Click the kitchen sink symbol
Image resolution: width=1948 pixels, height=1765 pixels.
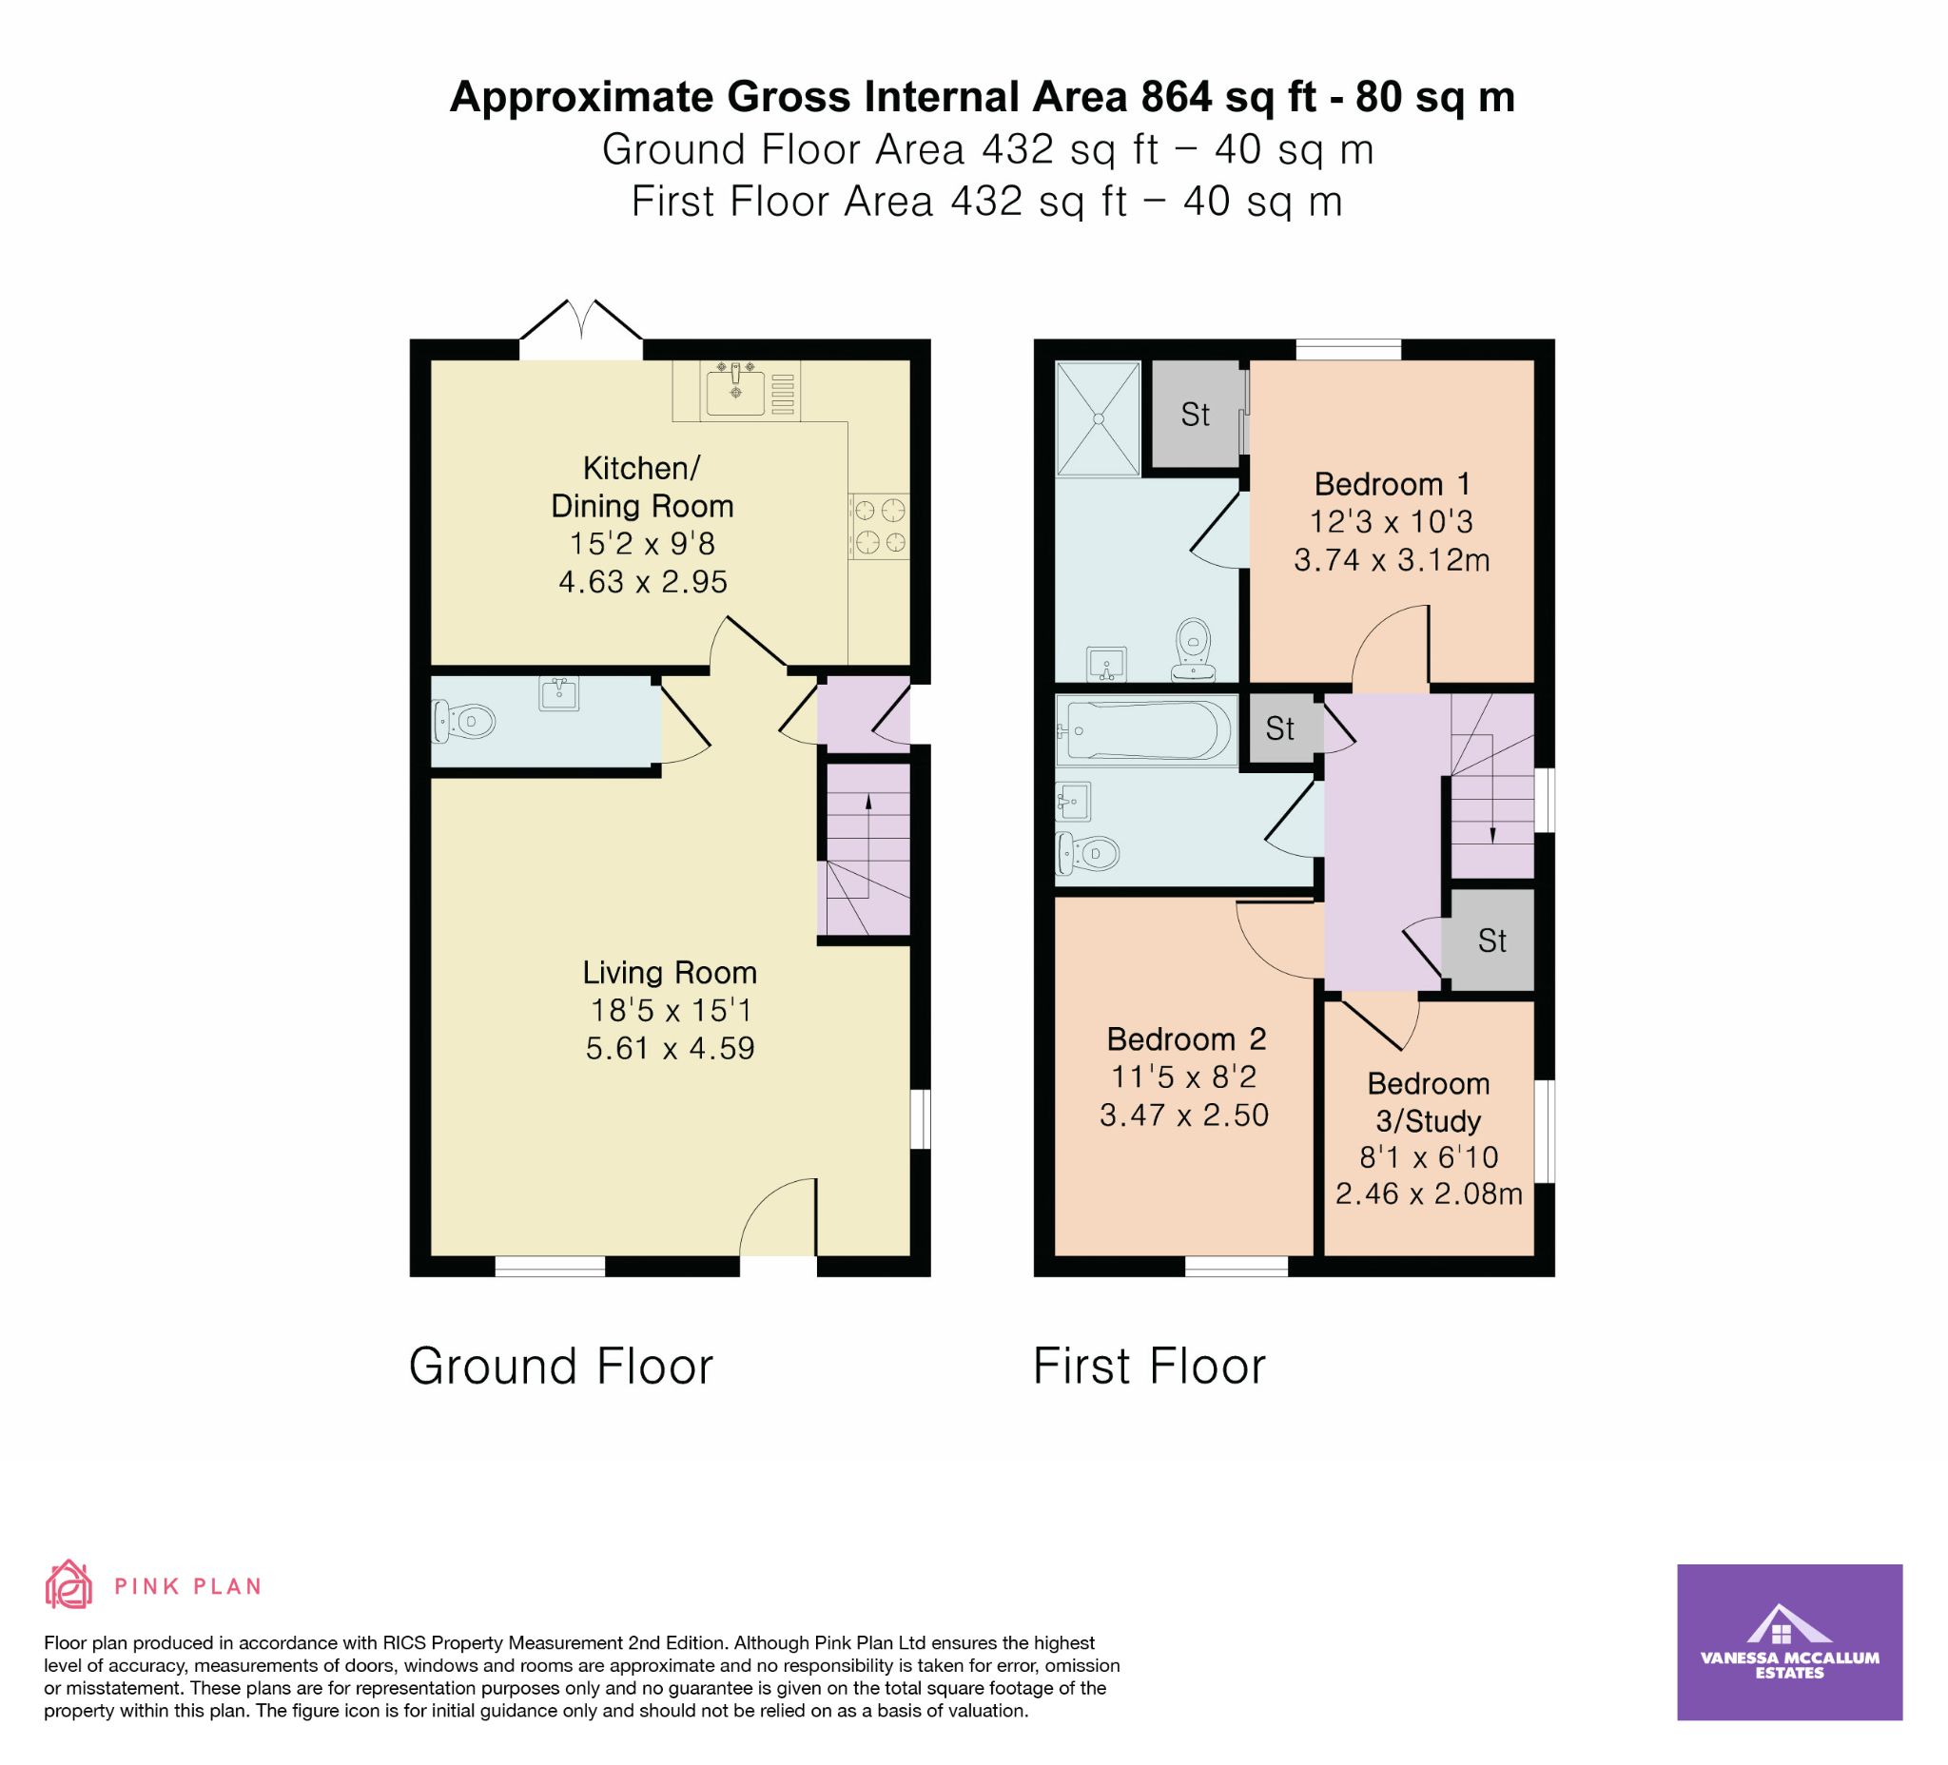[x=735, y=390]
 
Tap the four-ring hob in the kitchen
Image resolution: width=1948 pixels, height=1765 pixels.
[x=880, y=527]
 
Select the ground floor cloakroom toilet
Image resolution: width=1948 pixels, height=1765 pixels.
[x=464, y=721]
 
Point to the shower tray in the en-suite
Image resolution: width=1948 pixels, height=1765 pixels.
[x=1098, y=418]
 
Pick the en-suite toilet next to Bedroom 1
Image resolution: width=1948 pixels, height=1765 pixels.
[x=1195, y=650]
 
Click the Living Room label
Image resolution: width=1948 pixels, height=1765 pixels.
[x=670, y=972]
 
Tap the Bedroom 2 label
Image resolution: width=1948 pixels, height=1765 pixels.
[x=1186, y=1038]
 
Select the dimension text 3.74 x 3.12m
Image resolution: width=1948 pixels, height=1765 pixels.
[x=1392, y=559]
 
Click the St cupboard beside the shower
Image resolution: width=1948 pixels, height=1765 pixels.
[x=1196, y=415]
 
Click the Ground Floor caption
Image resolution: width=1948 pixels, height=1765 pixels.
[x=560, y=1366]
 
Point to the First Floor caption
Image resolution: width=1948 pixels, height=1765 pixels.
[x=1149, y=1366]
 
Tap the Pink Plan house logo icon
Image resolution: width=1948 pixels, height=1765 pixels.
[x=68, y=1584]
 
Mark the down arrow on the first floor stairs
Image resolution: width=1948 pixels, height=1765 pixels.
[x=1493, y=788]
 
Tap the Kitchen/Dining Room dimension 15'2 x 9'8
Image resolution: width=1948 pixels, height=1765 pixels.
[x=643, y=544]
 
